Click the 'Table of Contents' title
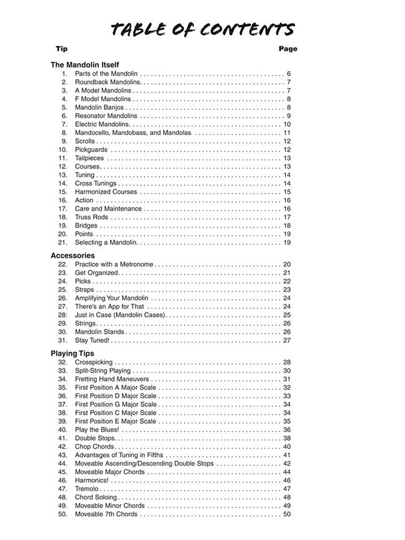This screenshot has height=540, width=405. (x=202, y=29)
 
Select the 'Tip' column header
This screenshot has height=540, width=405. (x=61, y=49)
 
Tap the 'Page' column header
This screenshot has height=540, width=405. (x=288, y=49)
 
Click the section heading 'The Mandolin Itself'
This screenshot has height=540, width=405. (x=84, y=64)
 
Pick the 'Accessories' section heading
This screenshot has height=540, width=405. (x=72, y=256)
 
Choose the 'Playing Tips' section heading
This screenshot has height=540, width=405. (x=72, y=354)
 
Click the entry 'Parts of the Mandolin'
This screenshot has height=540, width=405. (x=106, y=74)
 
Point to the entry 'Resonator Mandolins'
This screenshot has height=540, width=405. (x=106, y=116)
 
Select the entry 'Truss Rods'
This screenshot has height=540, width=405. (x=91, y=217)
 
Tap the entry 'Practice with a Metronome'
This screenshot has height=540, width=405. (x=114, y=264)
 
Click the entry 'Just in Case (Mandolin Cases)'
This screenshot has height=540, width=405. (x=120, y=315)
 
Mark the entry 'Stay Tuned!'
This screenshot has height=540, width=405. (x=92, y=341)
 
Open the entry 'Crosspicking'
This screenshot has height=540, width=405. (x=94, y=362)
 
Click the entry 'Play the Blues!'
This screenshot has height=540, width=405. (x=97, y=430)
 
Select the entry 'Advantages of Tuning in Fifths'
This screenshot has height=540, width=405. (x=122, y=455)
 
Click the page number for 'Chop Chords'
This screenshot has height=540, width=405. (x=287, y=447)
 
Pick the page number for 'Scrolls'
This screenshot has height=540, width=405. (x=287, y=141)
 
